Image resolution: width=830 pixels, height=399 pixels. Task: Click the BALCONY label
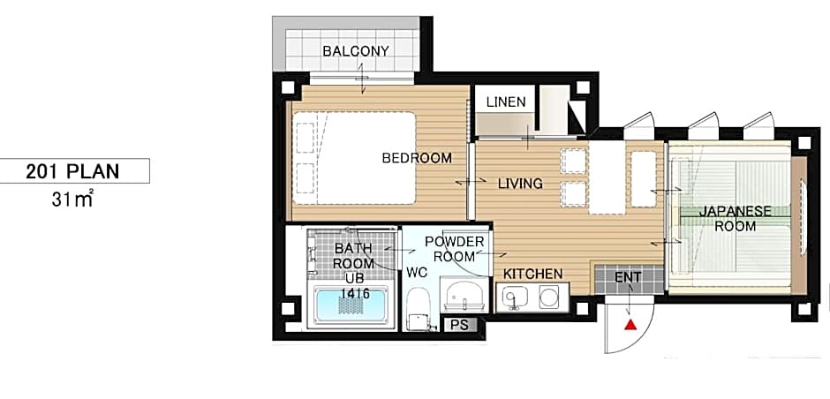point(356,51)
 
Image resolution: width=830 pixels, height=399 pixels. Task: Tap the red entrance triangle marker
point(630,324)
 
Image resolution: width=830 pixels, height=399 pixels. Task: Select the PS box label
point(460,325)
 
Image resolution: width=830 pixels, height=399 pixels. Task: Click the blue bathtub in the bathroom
point(351,305)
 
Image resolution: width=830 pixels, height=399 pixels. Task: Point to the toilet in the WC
point(419,310)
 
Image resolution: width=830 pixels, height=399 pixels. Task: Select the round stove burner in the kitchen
point(549,297)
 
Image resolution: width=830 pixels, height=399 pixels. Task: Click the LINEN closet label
point(506,102)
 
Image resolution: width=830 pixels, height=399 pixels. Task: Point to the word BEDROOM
point(417,158)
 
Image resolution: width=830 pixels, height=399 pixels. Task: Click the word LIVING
point(520,184)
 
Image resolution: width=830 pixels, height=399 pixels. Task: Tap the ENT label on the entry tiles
point(628,277)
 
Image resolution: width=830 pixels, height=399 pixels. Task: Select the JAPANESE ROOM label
point(736,219)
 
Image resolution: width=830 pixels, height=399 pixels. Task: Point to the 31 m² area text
point(73,199)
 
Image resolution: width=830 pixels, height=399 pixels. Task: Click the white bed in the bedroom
point(354,158)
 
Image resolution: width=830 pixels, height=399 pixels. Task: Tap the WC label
point(417,273)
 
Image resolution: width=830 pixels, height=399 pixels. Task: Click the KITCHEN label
point(532,275)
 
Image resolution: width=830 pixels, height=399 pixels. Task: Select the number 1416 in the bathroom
point(355,293)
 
